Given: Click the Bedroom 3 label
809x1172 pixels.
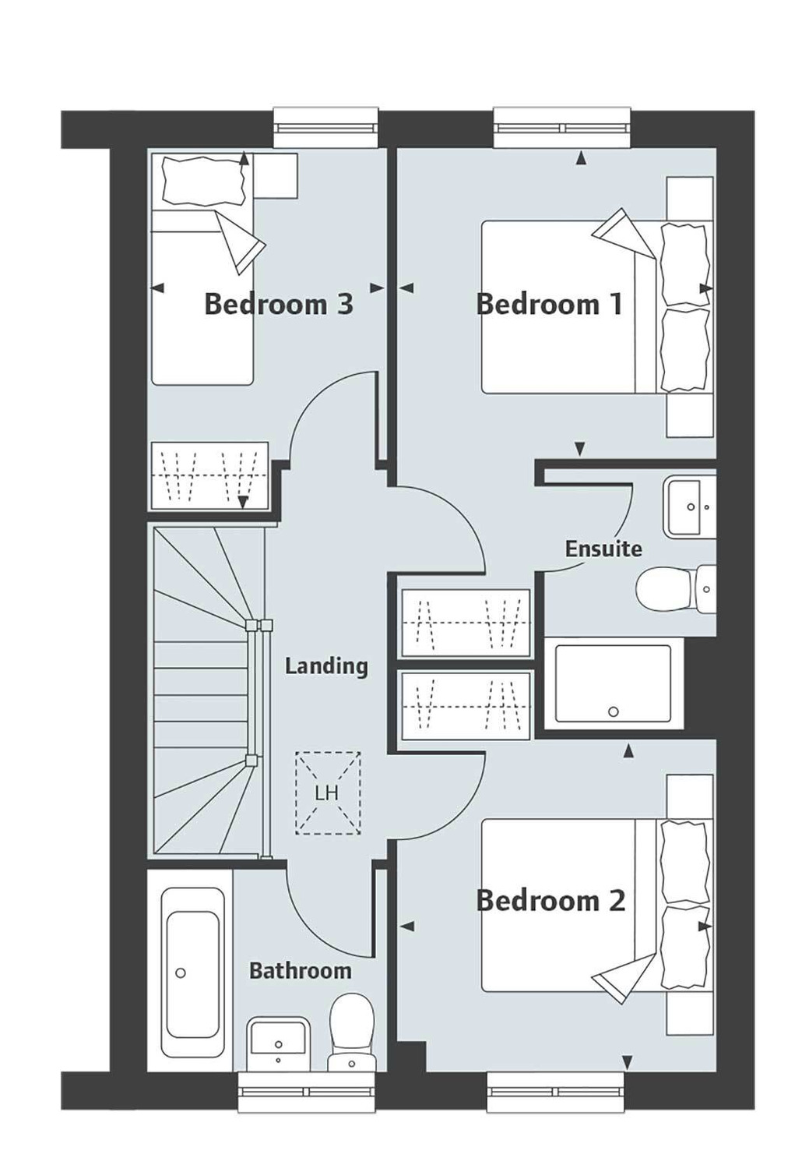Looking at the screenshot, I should pyautogui.click(x=278, y=304).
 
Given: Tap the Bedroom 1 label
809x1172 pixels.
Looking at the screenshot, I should pyautogui.click(x=549, y=304).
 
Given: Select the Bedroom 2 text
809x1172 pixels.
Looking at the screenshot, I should pyautogui.click(x=550, y=901).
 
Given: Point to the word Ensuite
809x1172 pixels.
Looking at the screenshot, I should pyautogui.click(x=603, y=549).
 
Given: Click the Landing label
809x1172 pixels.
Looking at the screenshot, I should pyautogui.click(x=326, y=666).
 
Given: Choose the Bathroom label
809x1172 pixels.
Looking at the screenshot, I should pyautogui.click(x=300, y=971).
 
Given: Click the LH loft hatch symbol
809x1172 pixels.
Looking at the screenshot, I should pyautogui.click(x=327, y=793).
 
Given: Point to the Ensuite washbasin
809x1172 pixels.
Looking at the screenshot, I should pyautogui.click(x=689, y=507).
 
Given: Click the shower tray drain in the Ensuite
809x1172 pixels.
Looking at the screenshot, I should pyautogui.click(x=613, y=711).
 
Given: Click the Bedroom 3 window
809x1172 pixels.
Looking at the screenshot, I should pyautogui.click(x=325, y=127).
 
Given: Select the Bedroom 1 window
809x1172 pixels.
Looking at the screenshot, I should pyautogui.click(x=561, y=127).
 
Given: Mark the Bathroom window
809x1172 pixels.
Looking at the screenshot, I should pyautogui.click(x=308, y=1091).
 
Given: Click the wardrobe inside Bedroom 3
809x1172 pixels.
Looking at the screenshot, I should pyautogui.click(x=209, y=476).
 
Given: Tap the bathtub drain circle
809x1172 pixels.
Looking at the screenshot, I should pyautogui.click(x=181, y=973).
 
